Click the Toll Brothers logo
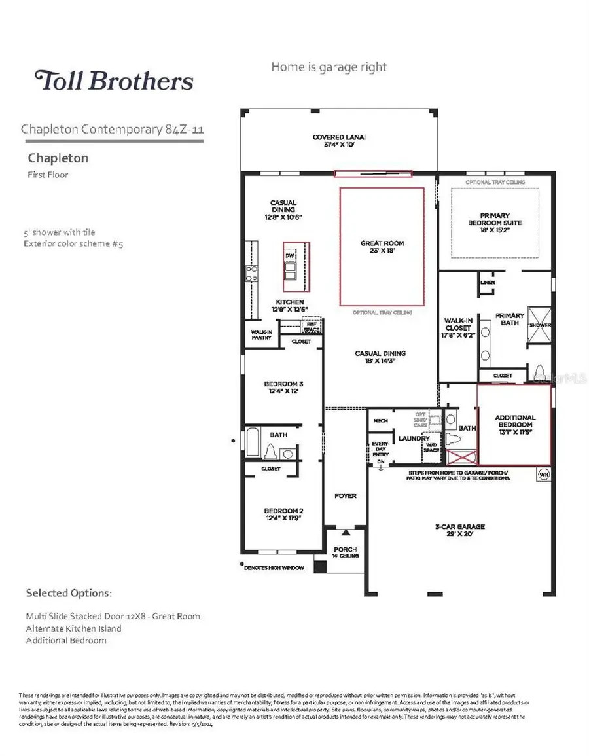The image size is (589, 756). click(x=115, y=81)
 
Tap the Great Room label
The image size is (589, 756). click(x=381, y=246)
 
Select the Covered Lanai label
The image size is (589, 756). click(x=338, y=141)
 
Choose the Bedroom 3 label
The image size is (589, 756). click(x=283, y=387)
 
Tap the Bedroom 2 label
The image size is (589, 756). click(x=283, y=514)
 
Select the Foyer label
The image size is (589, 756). click(x=346, y=495)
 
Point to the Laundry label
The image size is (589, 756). click(x=413, y=438)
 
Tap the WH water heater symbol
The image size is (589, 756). click(x=543, y=474)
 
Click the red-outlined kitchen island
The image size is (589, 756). click(x=296, y=266)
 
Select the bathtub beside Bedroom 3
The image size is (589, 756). click(x=253, y=445)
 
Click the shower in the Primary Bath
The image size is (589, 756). click(x=540, y=325)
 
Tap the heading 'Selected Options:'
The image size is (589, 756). click(x=69, y=593)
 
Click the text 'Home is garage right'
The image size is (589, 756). click(x=329, y=67)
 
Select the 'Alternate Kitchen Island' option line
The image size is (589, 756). click(x=73, y=628)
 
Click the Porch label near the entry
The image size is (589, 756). click(x=346, y=552)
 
